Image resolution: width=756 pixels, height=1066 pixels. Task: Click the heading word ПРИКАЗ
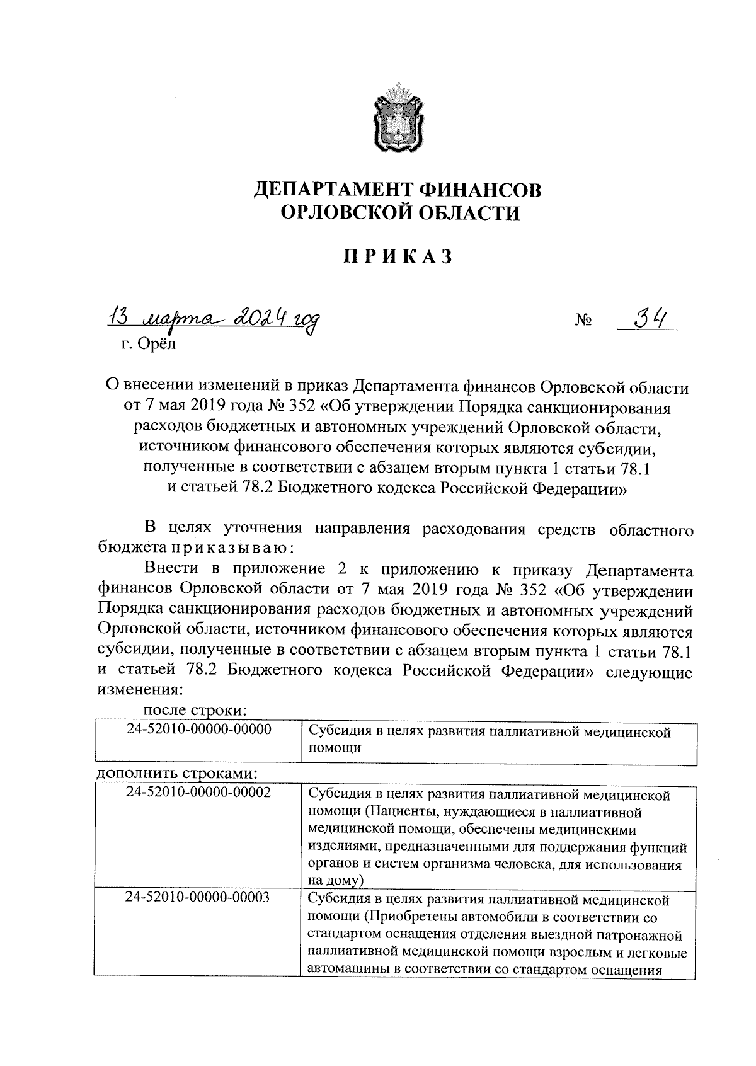coord(398,258)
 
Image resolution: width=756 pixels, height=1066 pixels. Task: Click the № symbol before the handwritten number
coord(583,323)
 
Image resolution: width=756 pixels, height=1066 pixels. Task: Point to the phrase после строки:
coord(195,710)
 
